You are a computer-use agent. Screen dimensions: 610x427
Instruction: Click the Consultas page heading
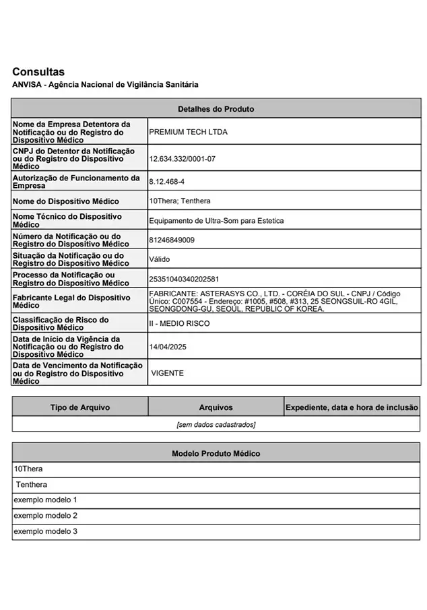pos(38,71)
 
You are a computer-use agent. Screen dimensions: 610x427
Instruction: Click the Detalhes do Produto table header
pos(216,108)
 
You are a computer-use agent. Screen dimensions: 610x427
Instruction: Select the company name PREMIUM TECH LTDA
pos(188,132)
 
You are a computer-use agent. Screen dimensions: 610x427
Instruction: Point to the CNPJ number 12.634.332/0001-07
pos(182,159)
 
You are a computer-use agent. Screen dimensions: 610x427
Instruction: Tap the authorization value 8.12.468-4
pos(166,182)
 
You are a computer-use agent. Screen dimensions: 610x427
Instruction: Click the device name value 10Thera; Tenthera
pos(179,201)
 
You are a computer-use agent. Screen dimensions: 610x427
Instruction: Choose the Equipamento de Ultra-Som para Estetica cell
pos(216,221)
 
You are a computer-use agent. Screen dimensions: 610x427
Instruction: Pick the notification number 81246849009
pos(172,240)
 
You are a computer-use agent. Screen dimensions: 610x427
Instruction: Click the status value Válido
pos(160,259)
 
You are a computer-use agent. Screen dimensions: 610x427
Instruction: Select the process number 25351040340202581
pos(184,279)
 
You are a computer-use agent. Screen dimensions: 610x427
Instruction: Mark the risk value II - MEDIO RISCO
pos(179,323)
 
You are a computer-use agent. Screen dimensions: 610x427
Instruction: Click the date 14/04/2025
pos(168,347)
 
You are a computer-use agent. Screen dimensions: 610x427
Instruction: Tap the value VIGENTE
pos(168,373)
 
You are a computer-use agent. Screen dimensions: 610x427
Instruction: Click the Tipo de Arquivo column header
pos(80,407)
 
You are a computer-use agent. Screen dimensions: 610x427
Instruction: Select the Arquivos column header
pos(216,407)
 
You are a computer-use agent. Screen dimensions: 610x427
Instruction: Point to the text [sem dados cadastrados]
pos(216,425)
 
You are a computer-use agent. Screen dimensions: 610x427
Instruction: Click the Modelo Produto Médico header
pos(216,453)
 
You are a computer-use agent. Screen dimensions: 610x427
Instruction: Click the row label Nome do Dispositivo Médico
pos(66,201)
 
